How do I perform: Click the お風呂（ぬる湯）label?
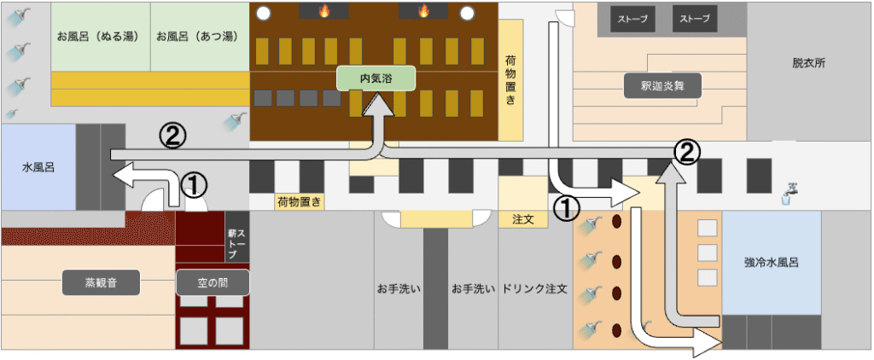[x=101, y=38]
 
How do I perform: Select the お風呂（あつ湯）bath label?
[x=201, y=38]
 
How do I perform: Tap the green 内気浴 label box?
[x=376, y=78]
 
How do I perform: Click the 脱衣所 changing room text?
[x=808, y=63]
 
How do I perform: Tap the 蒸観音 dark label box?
[x=100, y=282]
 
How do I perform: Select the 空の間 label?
[x=213, y=282]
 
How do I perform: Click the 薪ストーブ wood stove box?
[x=236, y=244]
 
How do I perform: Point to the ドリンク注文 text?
[x=535, y=288]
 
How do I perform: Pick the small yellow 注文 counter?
[x=522, y=219]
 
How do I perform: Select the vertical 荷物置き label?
[x=510, y=80]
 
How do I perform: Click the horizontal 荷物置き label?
[x=299, y=202]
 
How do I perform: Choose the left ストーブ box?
[x=633, y=19]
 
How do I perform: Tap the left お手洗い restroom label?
[x=399, y=288]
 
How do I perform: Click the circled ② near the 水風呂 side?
[x=172, y=134]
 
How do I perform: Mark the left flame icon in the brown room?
[x=324, y=11]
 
